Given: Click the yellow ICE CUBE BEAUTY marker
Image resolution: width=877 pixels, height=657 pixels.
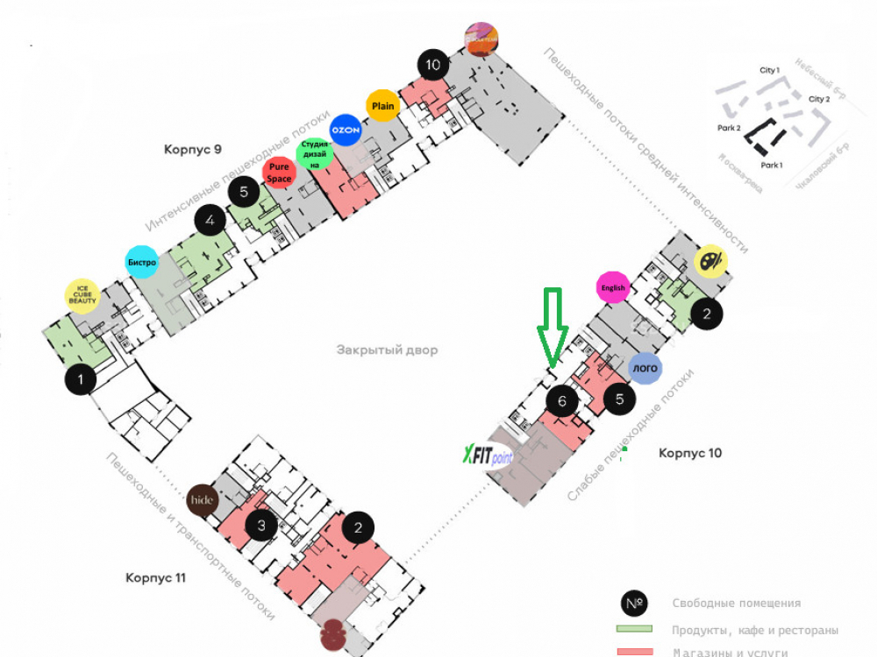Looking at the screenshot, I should (83, 296).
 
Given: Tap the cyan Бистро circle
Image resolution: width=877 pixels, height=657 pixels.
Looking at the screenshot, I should (142, 261).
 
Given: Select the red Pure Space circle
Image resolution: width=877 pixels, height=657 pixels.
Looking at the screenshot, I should (279, 172).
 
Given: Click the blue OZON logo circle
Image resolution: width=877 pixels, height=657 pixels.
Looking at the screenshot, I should (346, 130).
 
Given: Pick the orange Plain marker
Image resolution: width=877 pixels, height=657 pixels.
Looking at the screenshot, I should (382, 106).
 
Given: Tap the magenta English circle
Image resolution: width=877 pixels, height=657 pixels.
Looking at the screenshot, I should (613, 287).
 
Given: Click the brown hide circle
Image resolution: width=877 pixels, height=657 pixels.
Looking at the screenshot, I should (203, 500).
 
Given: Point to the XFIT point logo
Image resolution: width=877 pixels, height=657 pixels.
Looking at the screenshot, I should (488, 456).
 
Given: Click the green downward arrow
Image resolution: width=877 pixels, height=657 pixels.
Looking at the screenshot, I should (552, 328).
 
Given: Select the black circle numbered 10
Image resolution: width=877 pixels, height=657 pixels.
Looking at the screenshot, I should (432, 64).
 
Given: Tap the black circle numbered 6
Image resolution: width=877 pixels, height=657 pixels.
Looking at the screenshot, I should (562, 401).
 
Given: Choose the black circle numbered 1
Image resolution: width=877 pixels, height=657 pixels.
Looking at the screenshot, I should (82, 380).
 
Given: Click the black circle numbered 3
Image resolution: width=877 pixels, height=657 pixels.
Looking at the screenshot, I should (261, 526).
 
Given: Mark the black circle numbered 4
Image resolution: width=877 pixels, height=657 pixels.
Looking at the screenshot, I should (210, 221).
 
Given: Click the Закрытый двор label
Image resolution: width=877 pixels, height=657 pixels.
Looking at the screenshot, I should (387, 350).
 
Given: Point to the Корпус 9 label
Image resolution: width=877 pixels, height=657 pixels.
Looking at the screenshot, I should (193, 149).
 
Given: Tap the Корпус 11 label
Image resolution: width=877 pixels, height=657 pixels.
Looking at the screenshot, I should (155, 578).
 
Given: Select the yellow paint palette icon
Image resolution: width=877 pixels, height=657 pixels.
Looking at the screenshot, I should (710, 261).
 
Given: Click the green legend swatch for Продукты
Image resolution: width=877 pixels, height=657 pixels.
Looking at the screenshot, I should (635, 629).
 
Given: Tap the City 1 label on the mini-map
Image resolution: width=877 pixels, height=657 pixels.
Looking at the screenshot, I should (769, 69).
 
